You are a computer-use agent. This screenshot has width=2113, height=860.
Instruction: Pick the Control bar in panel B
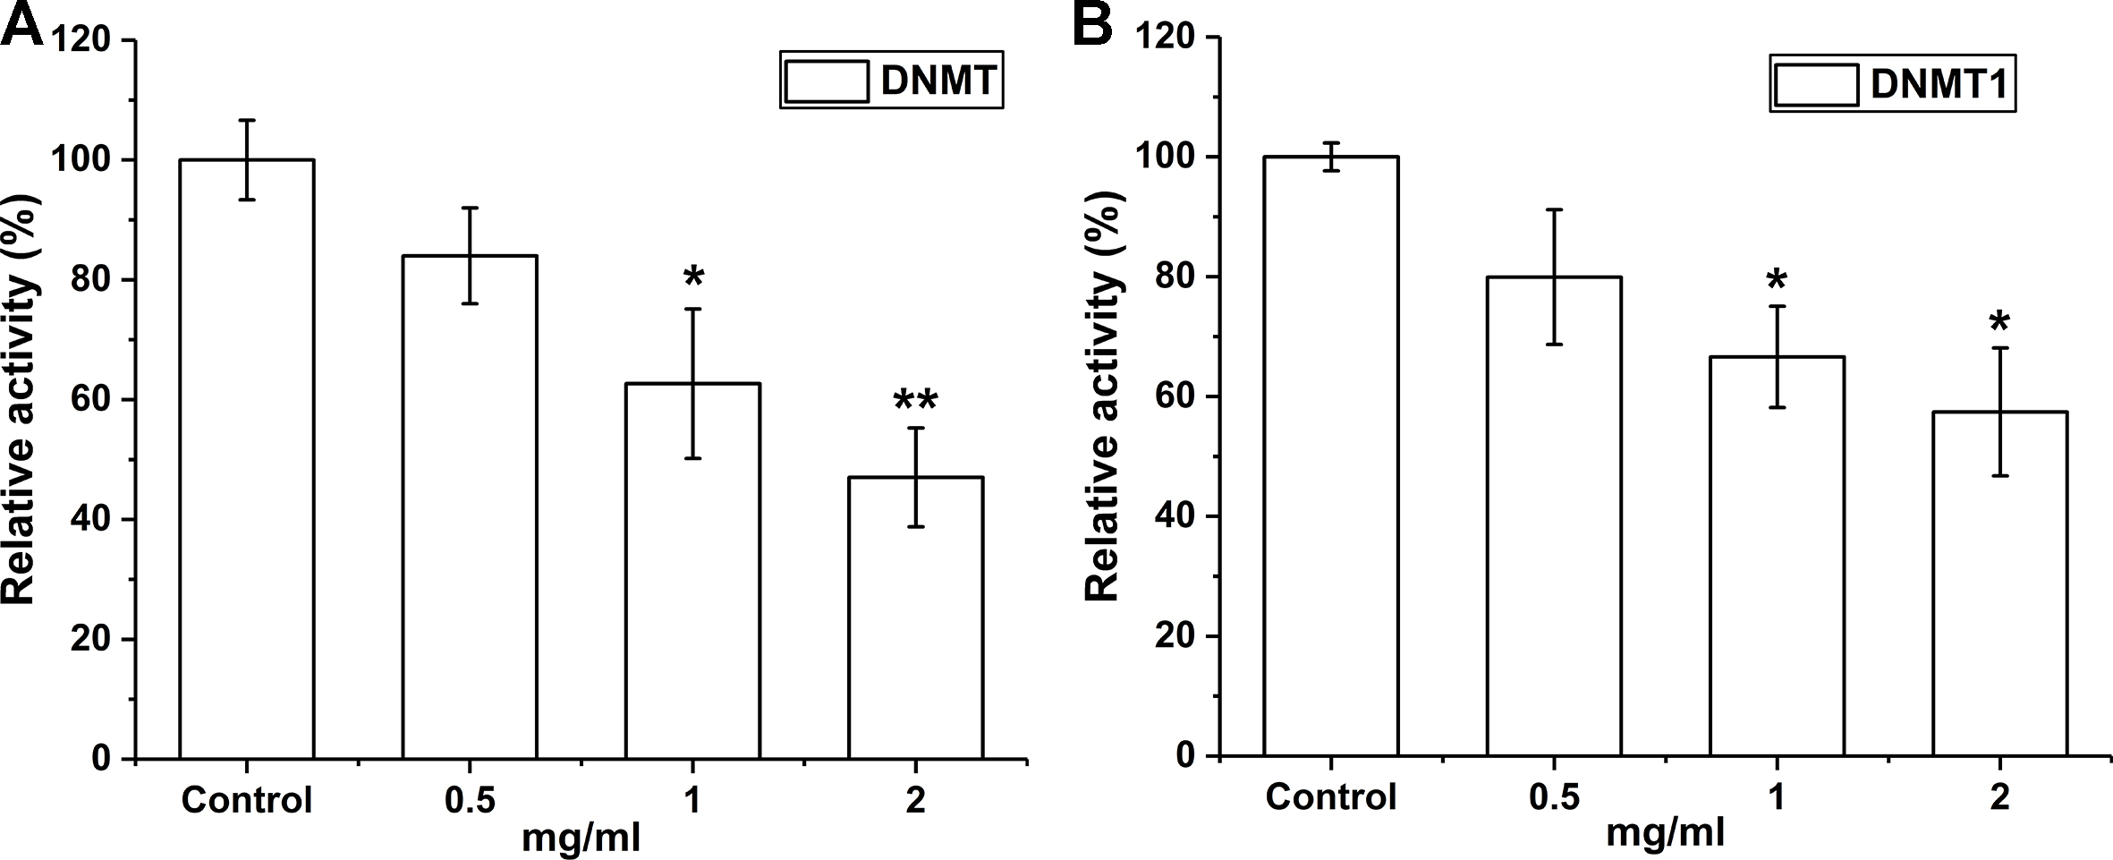point(1331,456)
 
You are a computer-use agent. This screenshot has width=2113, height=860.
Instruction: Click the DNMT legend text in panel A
point(938,81)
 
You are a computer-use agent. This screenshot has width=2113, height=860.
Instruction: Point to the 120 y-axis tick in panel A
point(81,40)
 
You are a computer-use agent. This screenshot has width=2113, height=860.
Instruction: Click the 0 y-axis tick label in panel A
point(100,759)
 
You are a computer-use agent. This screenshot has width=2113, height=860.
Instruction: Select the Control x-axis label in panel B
point(1331,796)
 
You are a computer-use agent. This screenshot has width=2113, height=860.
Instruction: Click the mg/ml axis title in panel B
point(1664,834)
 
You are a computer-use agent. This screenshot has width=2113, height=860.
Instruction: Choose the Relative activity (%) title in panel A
point(20,398)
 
